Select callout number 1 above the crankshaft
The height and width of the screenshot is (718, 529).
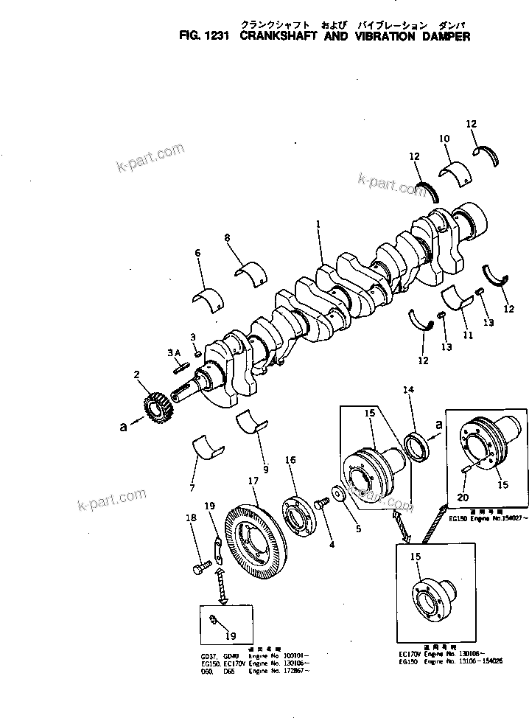pos(318,223)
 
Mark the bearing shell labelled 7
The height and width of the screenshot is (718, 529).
pos(206,447)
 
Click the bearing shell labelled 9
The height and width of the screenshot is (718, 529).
pos(251,423)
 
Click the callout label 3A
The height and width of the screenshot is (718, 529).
pos(174,352)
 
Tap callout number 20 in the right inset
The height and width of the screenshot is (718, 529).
pos(462,498)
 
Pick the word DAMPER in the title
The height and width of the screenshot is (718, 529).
pos(444,36)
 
